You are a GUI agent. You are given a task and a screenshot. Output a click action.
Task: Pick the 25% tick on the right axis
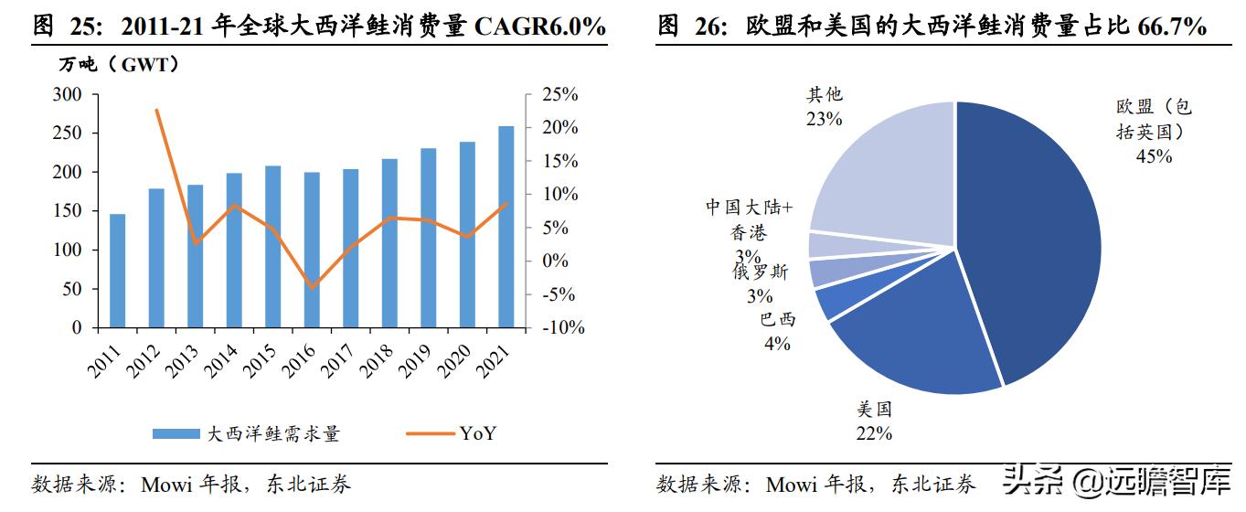[559, 94]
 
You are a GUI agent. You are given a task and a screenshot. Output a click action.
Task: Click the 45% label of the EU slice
[1154, 156]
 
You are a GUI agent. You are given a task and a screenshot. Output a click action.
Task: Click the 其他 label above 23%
[824, 94]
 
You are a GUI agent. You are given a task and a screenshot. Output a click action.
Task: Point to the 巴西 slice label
[778, 319]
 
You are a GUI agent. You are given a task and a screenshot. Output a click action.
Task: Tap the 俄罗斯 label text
[759, 272]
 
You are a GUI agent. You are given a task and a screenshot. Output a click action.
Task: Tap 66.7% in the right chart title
[1172, 27]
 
